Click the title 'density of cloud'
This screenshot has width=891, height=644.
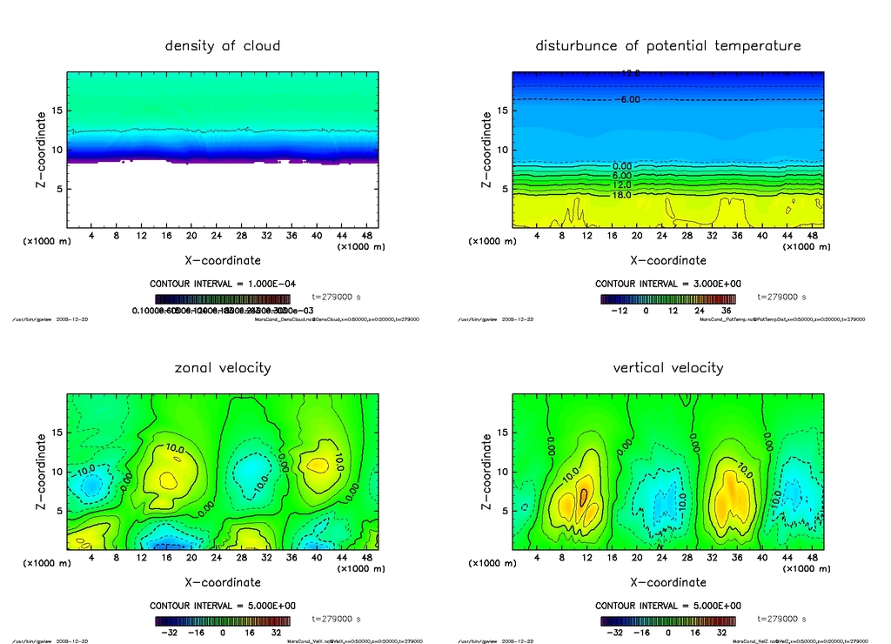(223, 45)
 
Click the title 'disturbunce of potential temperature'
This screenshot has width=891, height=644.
(668, 45)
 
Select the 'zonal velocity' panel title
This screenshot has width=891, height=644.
(223, 367)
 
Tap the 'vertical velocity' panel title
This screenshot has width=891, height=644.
(668, 367)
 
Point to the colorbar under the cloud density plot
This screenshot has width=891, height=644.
(223, 298)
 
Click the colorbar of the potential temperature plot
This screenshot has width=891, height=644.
(668, 298)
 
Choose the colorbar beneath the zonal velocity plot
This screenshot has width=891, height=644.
(223, 621)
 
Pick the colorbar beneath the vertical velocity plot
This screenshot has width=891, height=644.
(668, 621)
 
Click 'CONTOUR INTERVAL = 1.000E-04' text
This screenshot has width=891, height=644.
(224, 284)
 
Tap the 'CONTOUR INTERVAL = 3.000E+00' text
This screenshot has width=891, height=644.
(668, 284)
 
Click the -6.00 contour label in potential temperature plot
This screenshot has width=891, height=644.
(628, 100)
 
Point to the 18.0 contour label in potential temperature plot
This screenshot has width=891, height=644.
(622, 196)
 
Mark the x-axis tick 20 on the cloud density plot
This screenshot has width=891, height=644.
(191, 236)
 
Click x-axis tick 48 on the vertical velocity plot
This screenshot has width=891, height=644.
(812, 558)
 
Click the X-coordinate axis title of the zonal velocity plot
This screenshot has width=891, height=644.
(223, 582)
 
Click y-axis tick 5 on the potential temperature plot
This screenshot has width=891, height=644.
(503, 188)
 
